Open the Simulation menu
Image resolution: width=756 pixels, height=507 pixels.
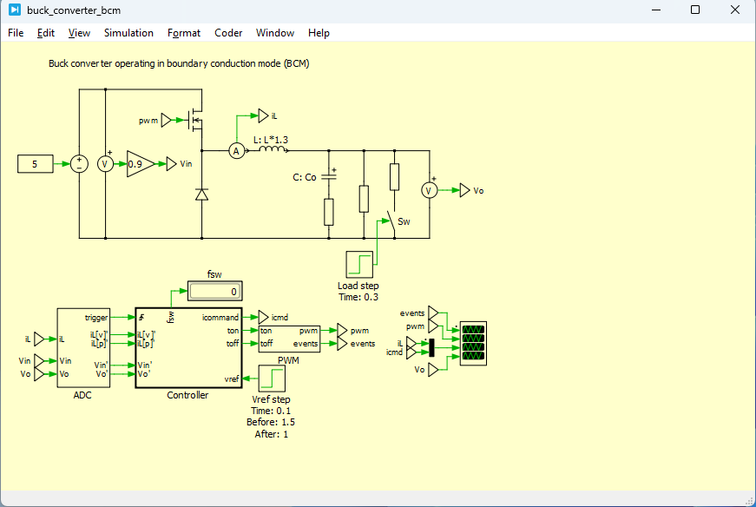(128, 33)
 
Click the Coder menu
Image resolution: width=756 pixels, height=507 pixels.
(228, 33)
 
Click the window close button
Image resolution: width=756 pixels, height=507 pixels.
(735, 10)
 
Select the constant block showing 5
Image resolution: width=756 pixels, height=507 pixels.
(35, 163)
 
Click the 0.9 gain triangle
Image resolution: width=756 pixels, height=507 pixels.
(140, 163)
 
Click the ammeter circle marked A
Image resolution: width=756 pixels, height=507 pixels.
(235, 151)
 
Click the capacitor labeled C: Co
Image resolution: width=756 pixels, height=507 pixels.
(329, 177)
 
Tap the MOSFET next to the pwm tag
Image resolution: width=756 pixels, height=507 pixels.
(197, 121)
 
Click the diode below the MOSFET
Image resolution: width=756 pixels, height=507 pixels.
(201, 195)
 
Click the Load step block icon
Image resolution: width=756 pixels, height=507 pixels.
(358, 264)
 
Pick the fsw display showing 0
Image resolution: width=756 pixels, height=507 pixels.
(214, 292)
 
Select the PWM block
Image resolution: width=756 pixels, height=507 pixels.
(289, 337)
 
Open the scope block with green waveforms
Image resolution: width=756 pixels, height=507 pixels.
(474, 342)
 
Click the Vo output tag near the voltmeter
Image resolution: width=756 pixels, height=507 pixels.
(466, 190)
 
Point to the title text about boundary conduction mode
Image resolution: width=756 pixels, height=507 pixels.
(179, 63)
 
